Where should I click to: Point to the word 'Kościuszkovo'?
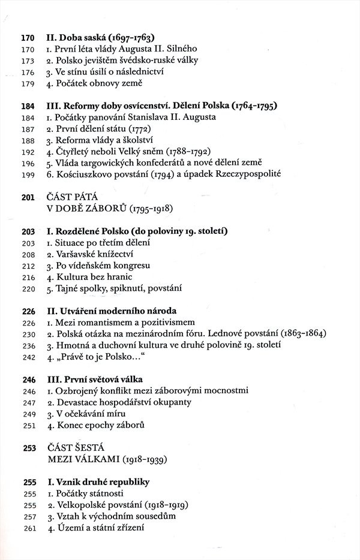pyautogui.click(x=84, y=174)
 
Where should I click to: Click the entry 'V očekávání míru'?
pyautogui.click(x=89, y=414)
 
